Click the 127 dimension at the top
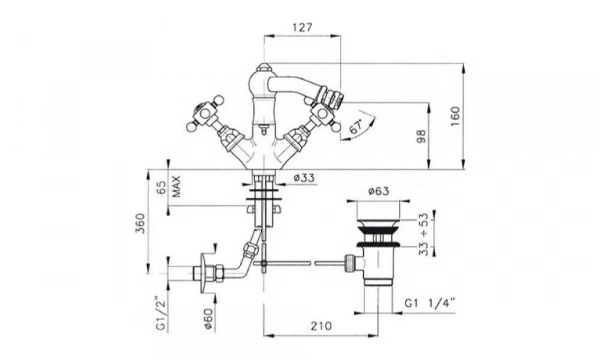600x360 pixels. [302, 28]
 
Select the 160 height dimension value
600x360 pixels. [455, 117]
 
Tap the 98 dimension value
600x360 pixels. [421, 137]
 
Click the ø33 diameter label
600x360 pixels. [304, 178]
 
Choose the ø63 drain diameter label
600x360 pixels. [378, 191]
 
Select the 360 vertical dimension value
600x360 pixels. [140, 224]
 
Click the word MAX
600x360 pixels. [176, 187]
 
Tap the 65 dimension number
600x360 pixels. [162, 187]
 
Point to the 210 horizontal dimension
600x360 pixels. [321, 326]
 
